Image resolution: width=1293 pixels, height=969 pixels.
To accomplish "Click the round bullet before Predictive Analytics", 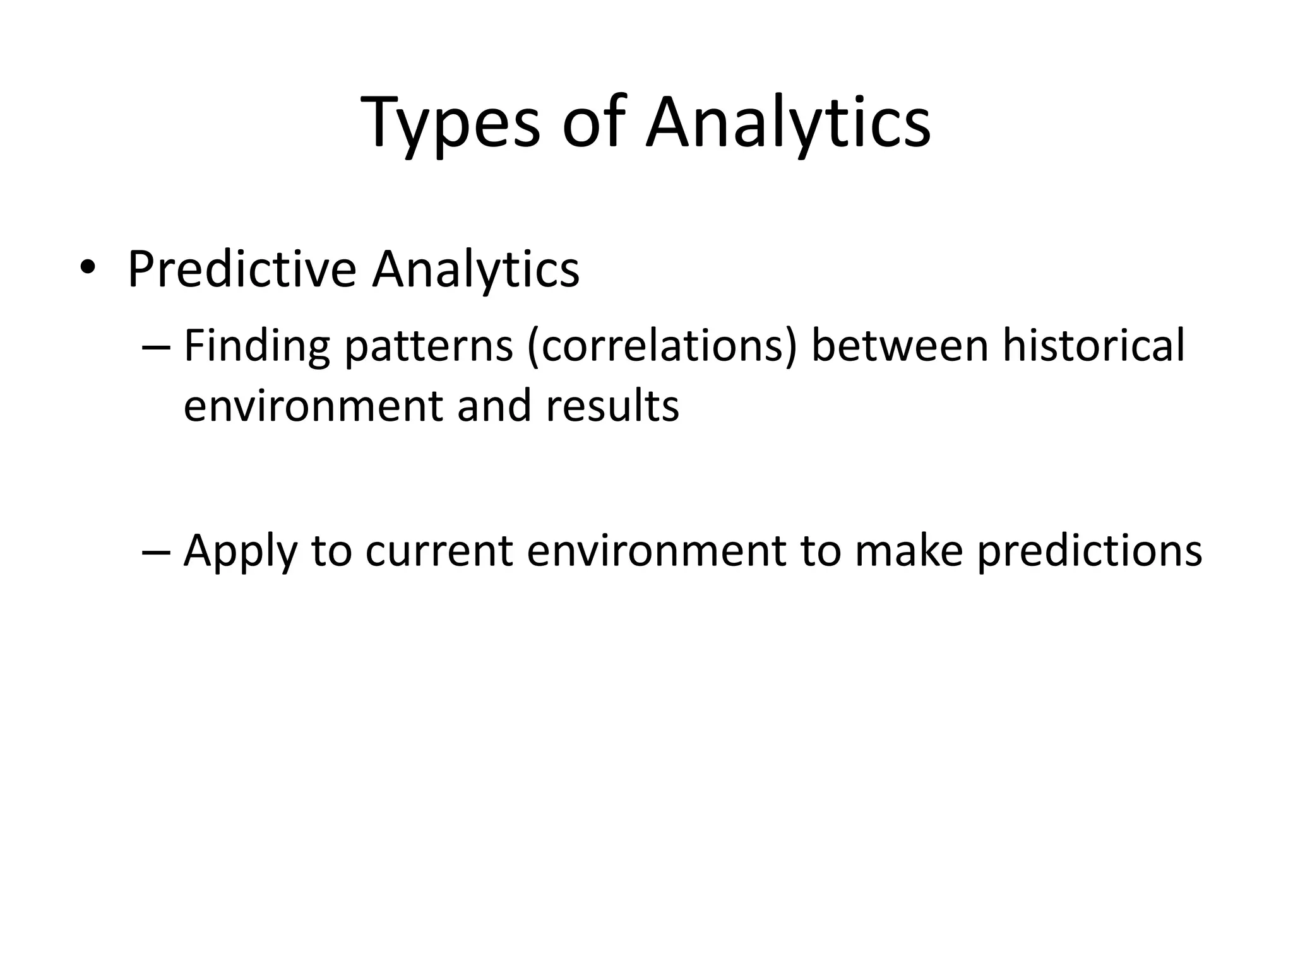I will (87, 268).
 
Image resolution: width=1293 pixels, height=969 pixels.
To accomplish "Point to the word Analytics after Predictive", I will (475, 269).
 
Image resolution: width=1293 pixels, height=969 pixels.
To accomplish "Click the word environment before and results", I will (313, 406).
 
